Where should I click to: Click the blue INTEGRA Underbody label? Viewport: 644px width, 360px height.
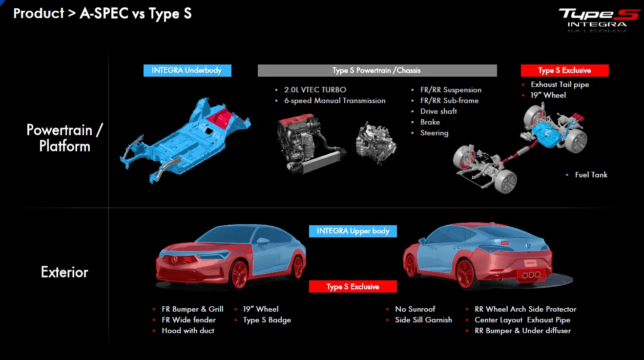[187, 70]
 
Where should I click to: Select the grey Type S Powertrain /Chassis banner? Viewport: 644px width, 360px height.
[377, 70]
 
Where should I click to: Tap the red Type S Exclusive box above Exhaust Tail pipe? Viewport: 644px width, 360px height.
[564, 70]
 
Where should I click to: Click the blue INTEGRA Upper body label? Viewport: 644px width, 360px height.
[353, 231]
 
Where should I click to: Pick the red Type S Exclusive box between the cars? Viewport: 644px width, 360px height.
[353, 287]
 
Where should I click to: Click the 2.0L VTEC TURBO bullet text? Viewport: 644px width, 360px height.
[315, 90]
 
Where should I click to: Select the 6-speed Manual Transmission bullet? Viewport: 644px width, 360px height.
[335, 101]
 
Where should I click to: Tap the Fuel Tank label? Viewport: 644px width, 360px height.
[591, 175]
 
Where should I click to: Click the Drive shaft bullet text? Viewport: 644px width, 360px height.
[438, 111]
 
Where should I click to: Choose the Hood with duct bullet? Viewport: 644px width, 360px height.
[188, 331]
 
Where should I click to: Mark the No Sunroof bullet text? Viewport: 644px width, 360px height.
[415, 309]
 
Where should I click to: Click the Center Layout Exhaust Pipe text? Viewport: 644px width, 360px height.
[522, 320]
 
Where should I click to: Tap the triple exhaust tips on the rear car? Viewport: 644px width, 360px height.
[531, 275]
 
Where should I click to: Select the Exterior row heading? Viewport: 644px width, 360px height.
[64, 272]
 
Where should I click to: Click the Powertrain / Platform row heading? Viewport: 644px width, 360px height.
[64, 138]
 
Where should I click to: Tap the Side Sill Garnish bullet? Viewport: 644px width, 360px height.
[423, 320]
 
